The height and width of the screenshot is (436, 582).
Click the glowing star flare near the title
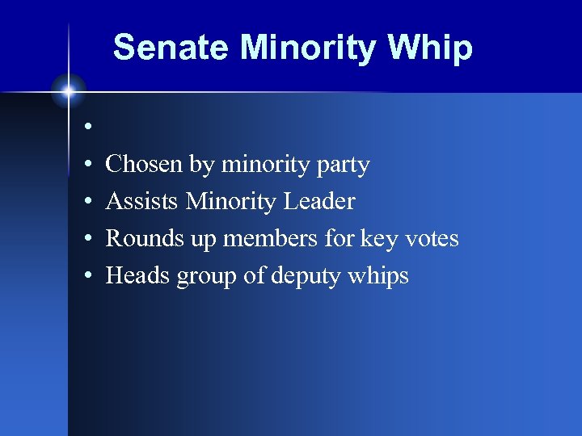click(x=69, y=91)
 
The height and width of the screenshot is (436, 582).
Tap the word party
click(x=339, y=166)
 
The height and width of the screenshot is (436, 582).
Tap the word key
click(x=377, y=239)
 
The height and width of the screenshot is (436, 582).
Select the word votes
click(x=432, y=238)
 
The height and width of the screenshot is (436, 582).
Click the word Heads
click(x=138, y=275)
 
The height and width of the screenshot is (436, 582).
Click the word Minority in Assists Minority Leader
click(x=230, y=201)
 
